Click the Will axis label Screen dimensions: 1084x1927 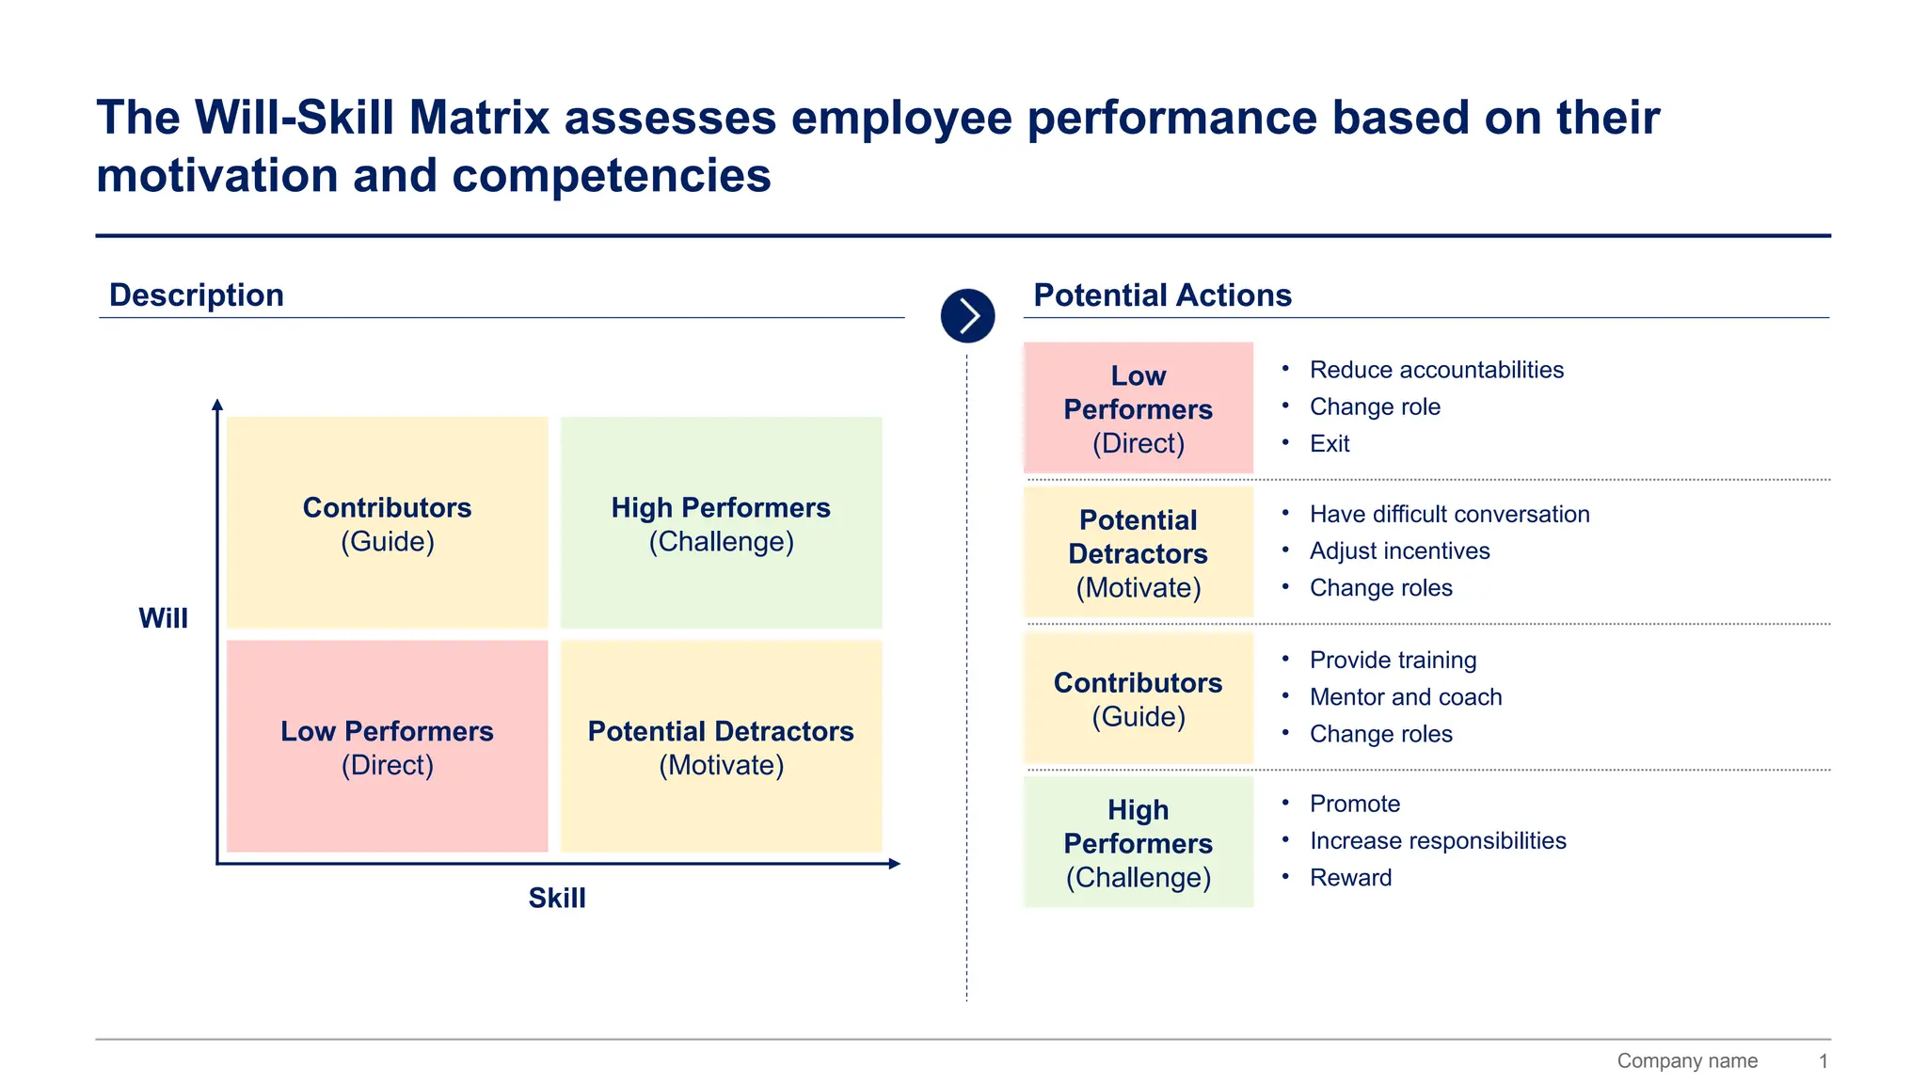point(163,618)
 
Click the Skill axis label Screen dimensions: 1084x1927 point(556,898)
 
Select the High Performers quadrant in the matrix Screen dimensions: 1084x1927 point(721,523)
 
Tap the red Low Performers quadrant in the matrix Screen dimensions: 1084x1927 point(387,747)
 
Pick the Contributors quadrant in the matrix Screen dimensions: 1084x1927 point(387,523)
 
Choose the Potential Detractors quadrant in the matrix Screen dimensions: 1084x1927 point(721,747)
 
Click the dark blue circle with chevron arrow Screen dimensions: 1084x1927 point(967,316)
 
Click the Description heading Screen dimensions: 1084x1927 point(196,295)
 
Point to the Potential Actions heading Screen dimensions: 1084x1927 point(1162,295)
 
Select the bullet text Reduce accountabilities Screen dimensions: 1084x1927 point(1436,370)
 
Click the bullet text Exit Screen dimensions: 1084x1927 point(1329,443)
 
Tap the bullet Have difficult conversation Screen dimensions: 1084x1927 point(1449,514)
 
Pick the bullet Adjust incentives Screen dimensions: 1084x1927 point(1399,550)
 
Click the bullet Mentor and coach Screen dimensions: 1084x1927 point(1405,697)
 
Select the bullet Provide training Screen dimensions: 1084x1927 point(1393,661)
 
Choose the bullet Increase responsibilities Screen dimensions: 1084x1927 point(1438,840)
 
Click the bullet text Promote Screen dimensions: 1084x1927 point(1354,804)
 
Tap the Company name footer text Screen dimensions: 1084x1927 point(1686,1060)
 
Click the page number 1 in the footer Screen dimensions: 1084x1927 point(1823,1060)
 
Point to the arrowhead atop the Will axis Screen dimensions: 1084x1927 point(217,405)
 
